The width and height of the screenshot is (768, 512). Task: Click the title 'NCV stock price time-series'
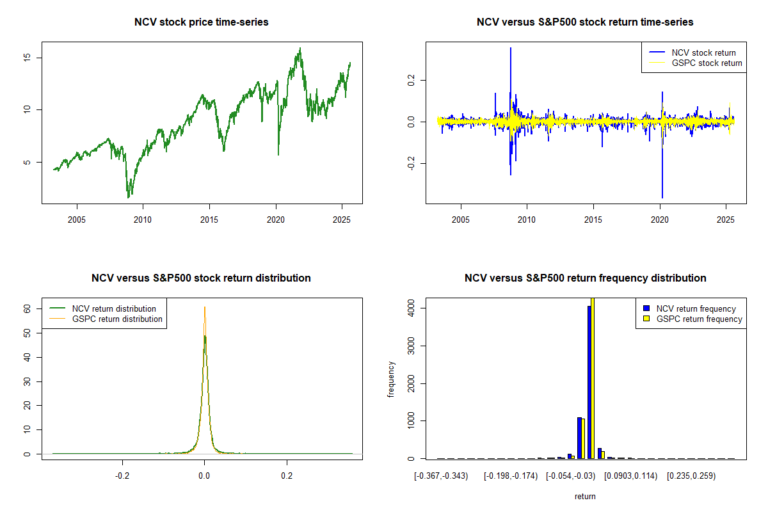[x=201, y=22]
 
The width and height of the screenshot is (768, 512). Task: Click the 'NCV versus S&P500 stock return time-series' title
[x=585, y=22]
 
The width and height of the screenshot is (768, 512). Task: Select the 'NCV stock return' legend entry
[x=703, y=52]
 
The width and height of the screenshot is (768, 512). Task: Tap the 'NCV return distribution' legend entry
[x=114, y=308]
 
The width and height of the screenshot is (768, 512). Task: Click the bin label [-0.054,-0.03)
[x=570, y=476]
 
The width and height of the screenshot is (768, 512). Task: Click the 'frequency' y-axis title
[x=391, y=379]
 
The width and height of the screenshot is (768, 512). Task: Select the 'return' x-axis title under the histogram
[x=585, y=496]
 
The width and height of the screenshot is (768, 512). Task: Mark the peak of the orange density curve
[x=205, y=307]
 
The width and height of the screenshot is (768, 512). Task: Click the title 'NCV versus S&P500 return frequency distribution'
[x=585, y=278]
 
